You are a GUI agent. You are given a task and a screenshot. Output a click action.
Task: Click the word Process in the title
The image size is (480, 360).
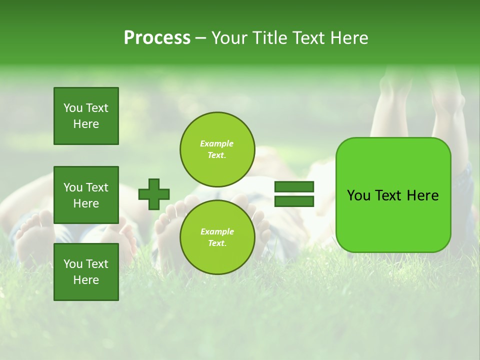(157, 38)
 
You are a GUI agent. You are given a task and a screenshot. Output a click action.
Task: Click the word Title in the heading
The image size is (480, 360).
(270, 38)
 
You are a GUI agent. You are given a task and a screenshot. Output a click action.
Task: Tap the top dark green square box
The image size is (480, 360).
(86, 116)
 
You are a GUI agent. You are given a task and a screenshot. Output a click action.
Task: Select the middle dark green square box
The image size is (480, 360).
(86, 195)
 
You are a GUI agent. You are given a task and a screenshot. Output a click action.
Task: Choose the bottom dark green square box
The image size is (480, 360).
(86, 272)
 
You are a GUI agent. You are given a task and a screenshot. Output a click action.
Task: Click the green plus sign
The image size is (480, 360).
(153, 194)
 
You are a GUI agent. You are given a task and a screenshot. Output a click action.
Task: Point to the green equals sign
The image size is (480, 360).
(294, 194)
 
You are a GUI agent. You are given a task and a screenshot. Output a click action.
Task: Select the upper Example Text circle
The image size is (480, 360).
(217, 149)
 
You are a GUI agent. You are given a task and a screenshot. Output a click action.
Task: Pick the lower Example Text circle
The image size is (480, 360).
(217, 237)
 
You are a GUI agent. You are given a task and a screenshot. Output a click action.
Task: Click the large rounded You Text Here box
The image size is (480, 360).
(393, 195)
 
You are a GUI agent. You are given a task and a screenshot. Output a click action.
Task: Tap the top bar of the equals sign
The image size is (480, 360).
(294, 187)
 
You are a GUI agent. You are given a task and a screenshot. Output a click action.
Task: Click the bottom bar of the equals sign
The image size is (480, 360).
(294, 201)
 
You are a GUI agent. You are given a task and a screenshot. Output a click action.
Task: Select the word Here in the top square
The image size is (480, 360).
(86, 124)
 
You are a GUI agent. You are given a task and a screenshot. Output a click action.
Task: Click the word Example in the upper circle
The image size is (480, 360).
(217, 143)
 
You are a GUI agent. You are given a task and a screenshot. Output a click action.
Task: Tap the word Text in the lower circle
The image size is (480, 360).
(217, 243)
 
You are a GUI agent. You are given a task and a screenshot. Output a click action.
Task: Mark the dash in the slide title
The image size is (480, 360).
(200, 38)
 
